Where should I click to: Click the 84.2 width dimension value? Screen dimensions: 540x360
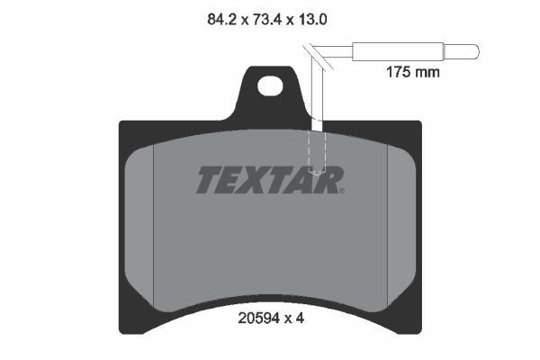coord(221,20)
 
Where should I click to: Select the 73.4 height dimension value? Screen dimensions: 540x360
coord(267,20)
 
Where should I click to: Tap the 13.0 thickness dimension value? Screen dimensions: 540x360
coord(312,20)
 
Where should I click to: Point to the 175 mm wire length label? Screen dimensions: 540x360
coord(412,72)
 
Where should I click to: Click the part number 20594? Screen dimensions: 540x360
coord(259,319)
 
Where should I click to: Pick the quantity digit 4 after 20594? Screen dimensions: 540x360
coord(300,319)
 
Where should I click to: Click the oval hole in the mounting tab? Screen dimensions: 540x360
coord(270,85)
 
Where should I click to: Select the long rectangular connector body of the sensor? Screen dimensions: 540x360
coord(398,52)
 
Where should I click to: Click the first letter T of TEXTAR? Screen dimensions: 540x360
coord(210,179)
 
